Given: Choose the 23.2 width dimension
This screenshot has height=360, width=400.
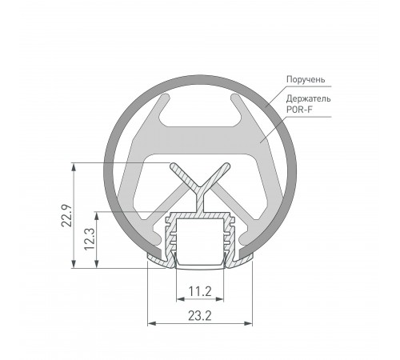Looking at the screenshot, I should (200, 316).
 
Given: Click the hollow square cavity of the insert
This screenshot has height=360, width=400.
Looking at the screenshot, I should (199, 240).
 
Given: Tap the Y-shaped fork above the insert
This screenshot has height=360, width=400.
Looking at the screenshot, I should (199, 180).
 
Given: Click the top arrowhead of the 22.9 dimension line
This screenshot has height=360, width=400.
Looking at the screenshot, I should (74, 167).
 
